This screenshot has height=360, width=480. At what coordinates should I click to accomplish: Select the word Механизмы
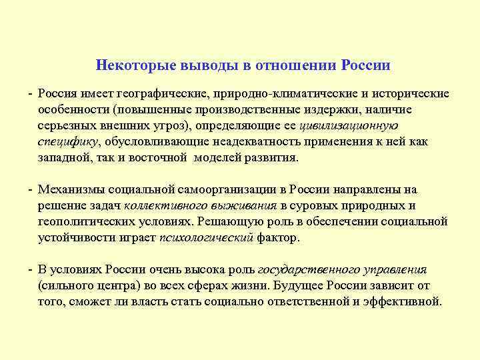pos(71,189)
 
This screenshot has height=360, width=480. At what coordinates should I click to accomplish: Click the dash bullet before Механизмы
pos(31,189)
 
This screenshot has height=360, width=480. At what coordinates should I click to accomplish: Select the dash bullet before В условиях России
pos(31,269)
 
